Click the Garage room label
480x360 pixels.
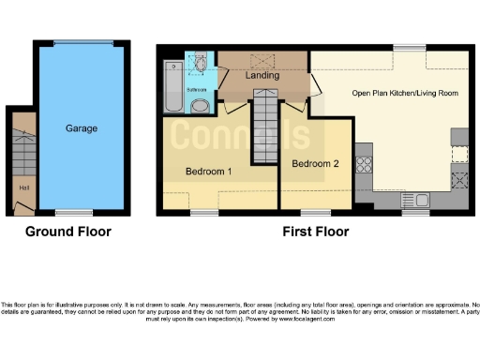pyautogui.click(x=81, y=128)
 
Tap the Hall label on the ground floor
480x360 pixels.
pyautogui.click(x=23, y=187)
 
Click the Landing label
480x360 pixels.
pyautogui.click(x=262, y=75)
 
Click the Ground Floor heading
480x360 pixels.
pyautogui.click(x=67, y=232)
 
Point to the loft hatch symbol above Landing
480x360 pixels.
pyautogui.click(x=262, y=59)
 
